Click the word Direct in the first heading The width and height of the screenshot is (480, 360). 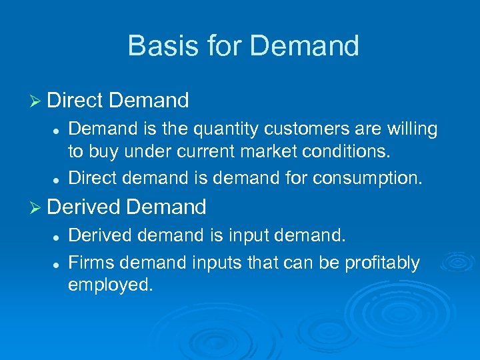75,101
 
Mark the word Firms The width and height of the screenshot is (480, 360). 89,263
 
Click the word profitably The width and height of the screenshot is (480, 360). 383,263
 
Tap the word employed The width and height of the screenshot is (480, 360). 110,285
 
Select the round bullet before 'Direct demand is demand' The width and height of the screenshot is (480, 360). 58,179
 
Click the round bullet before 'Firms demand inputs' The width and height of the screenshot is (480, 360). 58,264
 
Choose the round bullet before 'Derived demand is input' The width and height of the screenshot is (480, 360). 58,236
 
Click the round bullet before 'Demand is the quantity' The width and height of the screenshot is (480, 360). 58,129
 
